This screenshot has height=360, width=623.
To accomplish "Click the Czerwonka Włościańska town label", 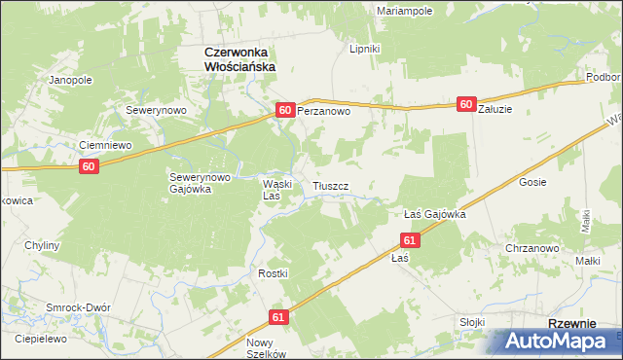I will [238, 58].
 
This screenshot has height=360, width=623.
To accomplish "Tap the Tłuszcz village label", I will [339, 185].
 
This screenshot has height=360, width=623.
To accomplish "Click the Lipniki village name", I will [365, 47].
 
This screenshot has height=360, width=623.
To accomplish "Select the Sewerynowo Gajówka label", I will [200, 183].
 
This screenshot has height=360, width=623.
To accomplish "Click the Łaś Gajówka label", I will [434, 213].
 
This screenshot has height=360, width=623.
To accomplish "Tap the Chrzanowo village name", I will [531, 248].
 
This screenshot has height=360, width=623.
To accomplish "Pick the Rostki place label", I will [273, 273].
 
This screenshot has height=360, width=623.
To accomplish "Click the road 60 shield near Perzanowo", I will [285, 111].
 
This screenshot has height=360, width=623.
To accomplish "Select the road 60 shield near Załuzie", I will [465, 104].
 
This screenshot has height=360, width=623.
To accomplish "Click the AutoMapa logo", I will [556, 342].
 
